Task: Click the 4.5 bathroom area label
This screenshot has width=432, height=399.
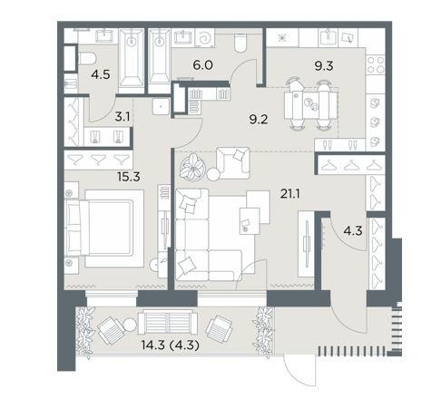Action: pyautogui.click(x=102, y=74)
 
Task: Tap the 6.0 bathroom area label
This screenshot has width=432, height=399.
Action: pyautogui.click(x=203, y=64)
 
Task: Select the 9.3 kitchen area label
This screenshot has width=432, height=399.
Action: pyautogui.click(x=324, y=66)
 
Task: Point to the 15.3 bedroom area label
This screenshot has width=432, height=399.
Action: pyautogui.click(x=129, y=177)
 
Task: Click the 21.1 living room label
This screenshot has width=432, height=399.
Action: pyautogui.click(x=290, y=194)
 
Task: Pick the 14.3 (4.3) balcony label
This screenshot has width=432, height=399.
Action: pyautogui.click(x=171, y=345)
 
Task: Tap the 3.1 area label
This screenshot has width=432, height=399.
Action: pyautogui.click(x=123, y=117)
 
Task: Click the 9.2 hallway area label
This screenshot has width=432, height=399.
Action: pyautogui.click(x=259, y=120)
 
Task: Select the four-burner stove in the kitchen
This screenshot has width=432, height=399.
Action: pyautogui.click(x=376, y=65)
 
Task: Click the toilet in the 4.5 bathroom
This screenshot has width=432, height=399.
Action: pyautogui.click(x=87, y=58)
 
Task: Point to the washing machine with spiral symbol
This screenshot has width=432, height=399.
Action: pyautogui.click(x=205, y=38)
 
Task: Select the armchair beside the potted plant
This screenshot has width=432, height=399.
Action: pyautogui.click(x=233, y=163)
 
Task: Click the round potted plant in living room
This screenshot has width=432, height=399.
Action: pyautogui.click(x=192, y=168)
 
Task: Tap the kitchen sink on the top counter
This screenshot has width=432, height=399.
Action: pyautogui.click(x=328, y=38)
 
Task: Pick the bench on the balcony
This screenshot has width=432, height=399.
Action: pyautogui.click(x=168, y=323)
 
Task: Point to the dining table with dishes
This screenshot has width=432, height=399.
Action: pyautogui.click(x=310, y=105)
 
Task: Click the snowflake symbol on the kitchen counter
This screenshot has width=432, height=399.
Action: pyautogui.click(x=282, y=38)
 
